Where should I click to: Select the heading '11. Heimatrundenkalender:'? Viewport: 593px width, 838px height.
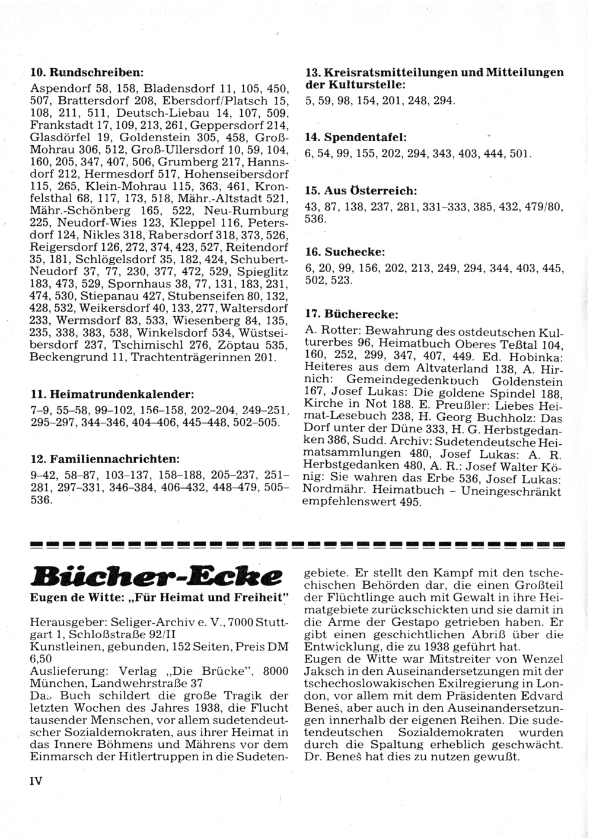click(112, 394)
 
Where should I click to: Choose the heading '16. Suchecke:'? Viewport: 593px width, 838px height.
click(345, 253)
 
